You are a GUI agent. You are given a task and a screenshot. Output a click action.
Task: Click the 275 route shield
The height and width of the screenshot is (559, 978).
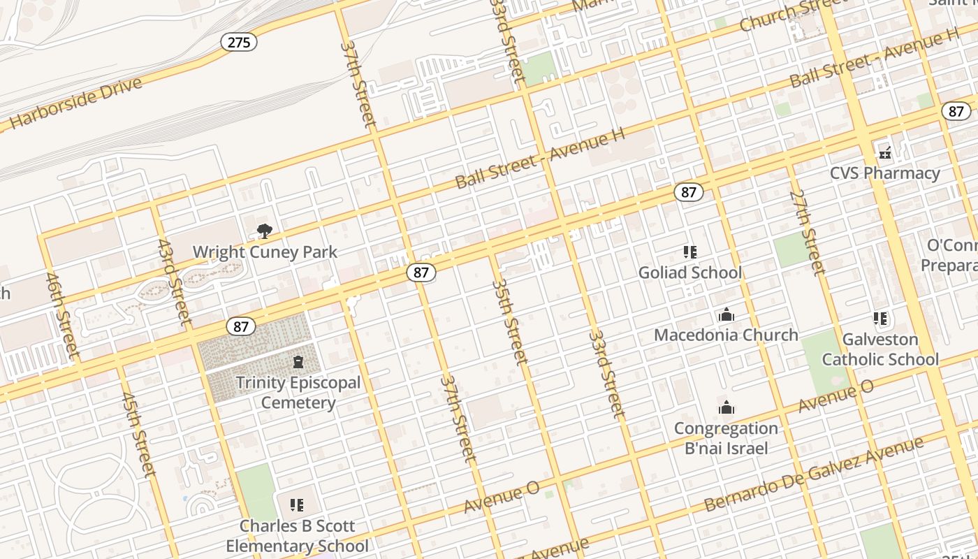(239, 42)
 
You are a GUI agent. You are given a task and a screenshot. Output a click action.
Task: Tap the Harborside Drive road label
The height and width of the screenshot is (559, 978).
(75, 104)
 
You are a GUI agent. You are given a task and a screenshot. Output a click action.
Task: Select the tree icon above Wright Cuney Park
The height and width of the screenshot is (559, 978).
(264, 231)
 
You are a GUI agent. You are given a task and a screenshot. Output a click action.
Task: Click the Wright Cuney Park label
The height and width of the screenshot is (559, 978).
(265, 252)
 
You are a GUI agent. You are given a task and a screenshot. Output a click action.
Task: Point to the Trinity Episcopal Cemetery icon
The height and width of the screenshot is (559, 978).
(298, 362)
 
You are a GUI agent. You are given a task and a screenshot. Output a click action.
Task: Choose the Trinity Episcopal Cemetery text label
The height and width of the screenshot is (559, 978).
(298, 393)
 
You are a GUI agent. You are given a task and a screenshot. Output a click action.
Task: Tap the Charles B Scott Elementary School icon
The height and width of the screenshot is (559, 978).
(297, 504)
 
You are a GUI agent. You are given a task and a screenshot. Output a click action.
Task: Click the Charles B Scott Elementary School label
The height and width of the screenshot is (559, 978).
(297, 536)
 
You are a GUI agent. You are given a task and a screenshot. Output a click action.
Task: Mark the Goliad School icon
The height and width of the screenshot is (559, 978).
(690, 252)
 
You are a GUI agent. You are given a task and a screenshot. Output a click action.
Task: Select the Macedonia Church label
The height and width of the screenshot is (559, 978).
(726, 335)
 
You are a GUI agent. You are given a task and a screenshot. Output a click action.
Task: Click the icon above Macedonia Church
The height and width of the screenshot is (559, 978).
(727, 315)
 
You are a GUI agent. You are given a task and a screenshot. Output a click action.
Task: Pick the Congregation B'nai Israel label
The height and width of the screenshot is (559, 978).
(726, 438)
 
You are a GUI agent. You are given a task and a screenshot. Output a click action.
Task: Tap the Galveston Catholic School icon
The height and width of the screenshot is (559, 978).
(880, 319)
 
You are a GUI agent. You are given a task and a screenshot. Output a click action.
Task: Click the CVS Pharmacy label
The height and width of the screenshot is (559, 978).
(885, 173)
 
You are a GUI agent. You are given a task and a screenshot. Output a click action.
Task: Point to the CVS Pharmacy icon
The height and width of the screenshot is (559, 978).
(885, 152)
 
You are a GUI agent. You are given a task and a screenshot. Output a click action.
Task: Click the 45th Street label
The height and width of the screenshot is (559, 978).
(138, 434)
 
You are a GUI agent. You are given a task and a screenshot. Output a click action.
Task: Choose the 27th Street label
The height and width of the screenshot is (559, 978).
(808, 232)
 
